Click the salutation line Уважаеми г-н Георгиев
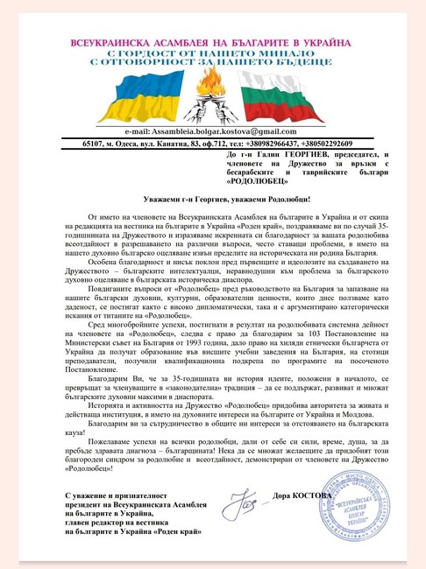click(212, 200)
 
